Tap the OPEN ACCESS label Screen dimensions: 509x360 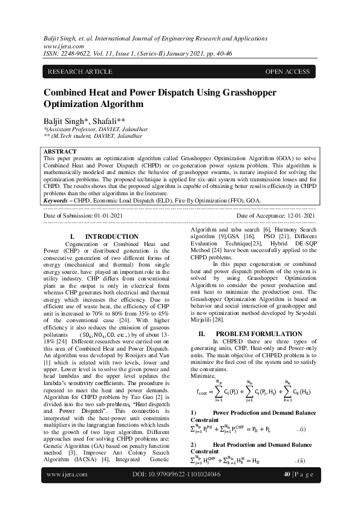pos(287,72)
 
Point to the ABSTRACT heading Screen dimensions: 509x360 pos(61,151)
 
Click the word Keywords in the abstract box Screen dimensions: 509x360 pos(59,199)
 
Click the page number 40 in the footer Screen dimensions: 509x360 pos(287,491)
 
